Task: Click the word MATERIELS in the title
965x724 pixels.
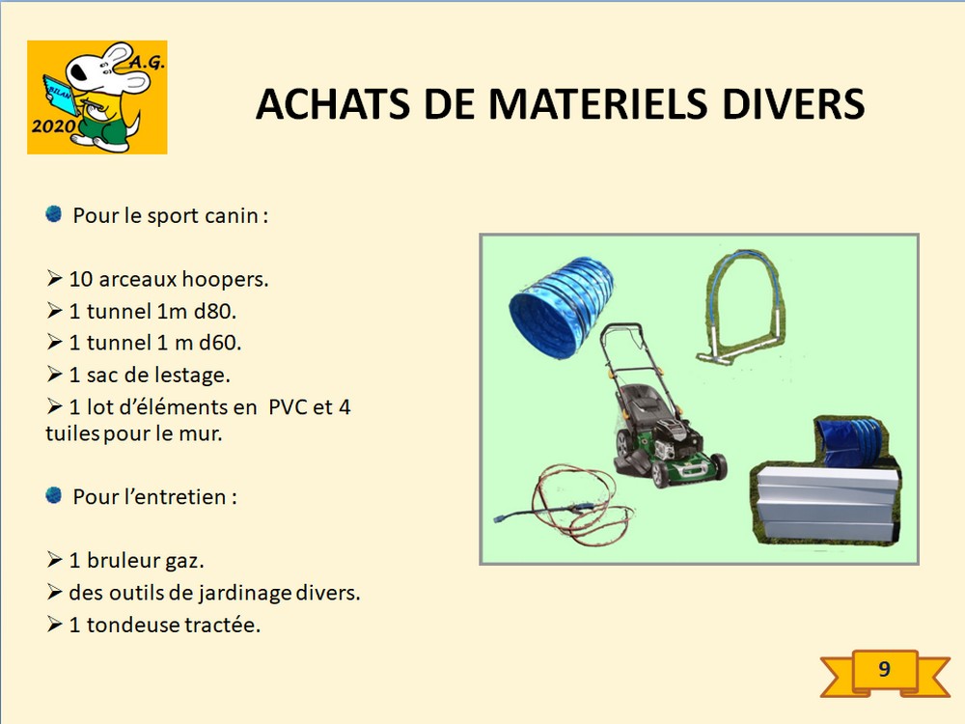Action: coord(597,103)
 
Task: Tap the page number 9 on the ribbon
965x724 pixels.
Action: coord(884,669)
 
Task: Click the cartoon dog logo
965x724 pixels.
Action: coord(97,97)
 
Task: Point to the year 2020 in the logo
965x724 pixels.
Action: coord(53,126)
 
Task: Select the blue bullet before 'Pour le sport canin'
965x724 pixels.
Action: coord(53,213)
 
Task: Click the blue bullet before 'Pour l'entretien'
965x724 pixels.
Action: coord(53,495)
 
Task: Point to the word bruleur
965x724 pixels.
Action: coord(125,561)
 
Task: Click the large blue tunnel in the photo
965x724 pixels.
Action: coord(561,307)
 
